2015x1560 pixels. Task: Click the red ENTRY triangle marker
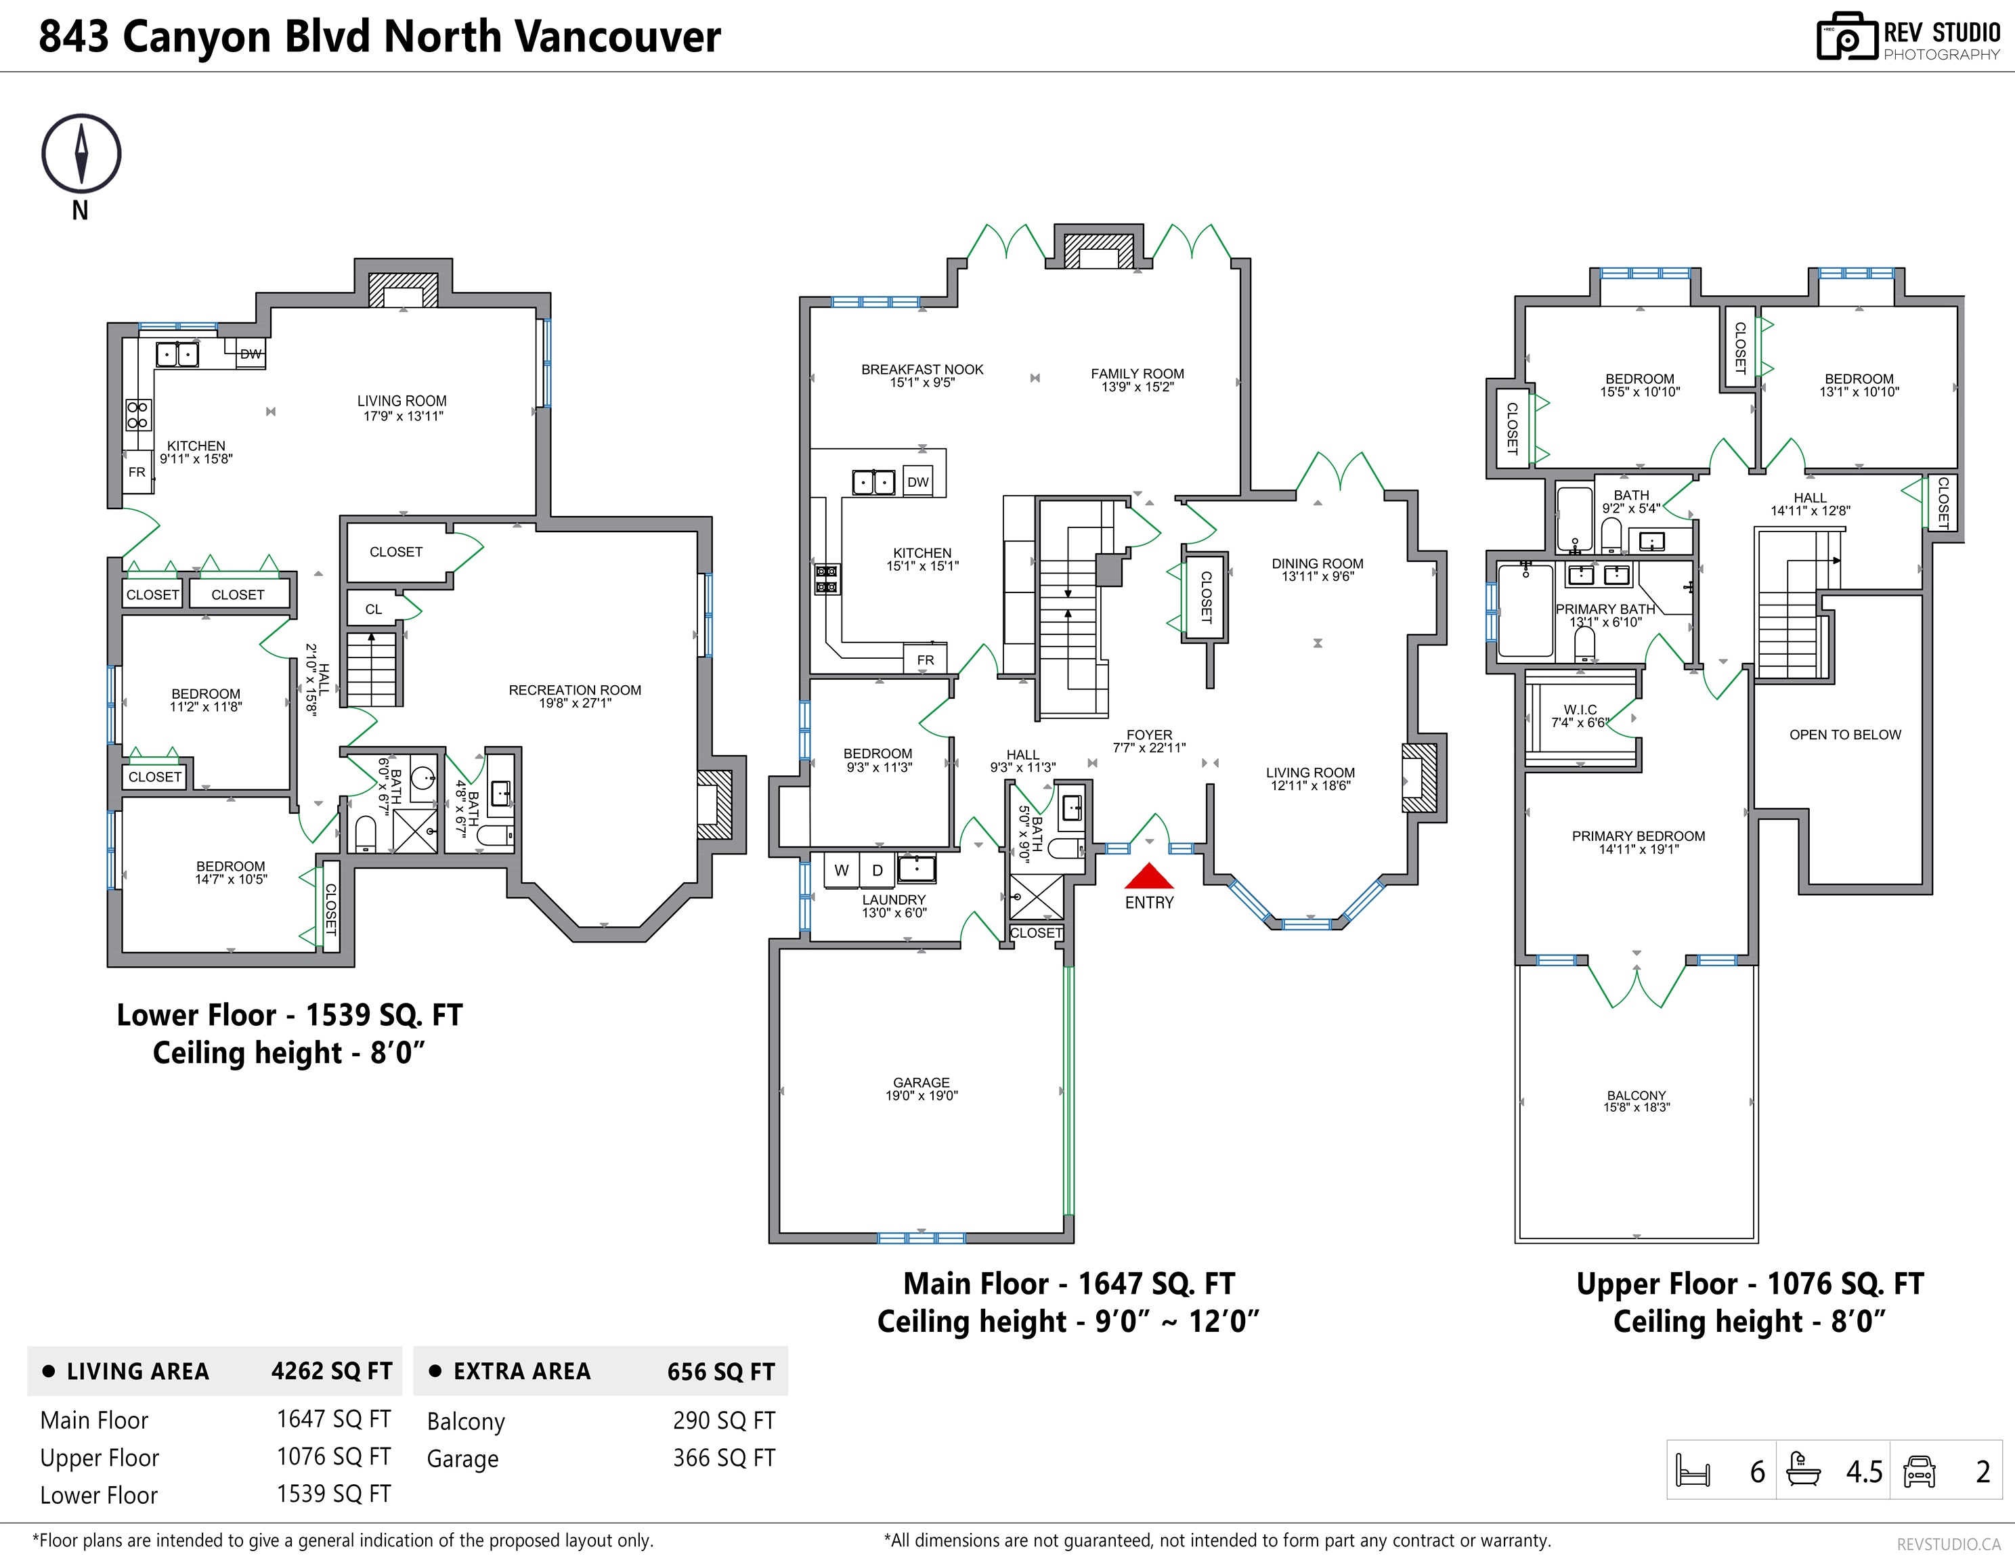coord(1148,876)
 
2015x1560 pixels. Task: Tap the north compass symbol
coord(81,154)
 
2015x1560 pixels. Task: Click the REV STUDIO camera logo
coord(1846,38)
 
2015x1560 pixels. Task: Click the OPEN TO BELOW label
coord(1844,735)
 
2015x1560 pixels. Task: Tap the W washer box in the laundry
coord(842,870)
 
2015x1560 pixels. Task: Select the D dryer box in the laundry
coord(877,870)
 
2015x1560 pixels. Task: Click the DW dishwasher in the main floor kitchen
coord(918,481)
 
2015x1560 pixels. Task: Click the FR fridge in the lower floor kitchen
coord(137,473)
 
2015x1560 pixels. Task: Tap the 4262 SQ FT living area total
coord(331,1371)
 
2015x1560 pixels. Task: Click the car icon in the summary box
coord(1919,1471)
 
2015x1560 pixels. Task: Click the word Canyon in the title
coord(198,37)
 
